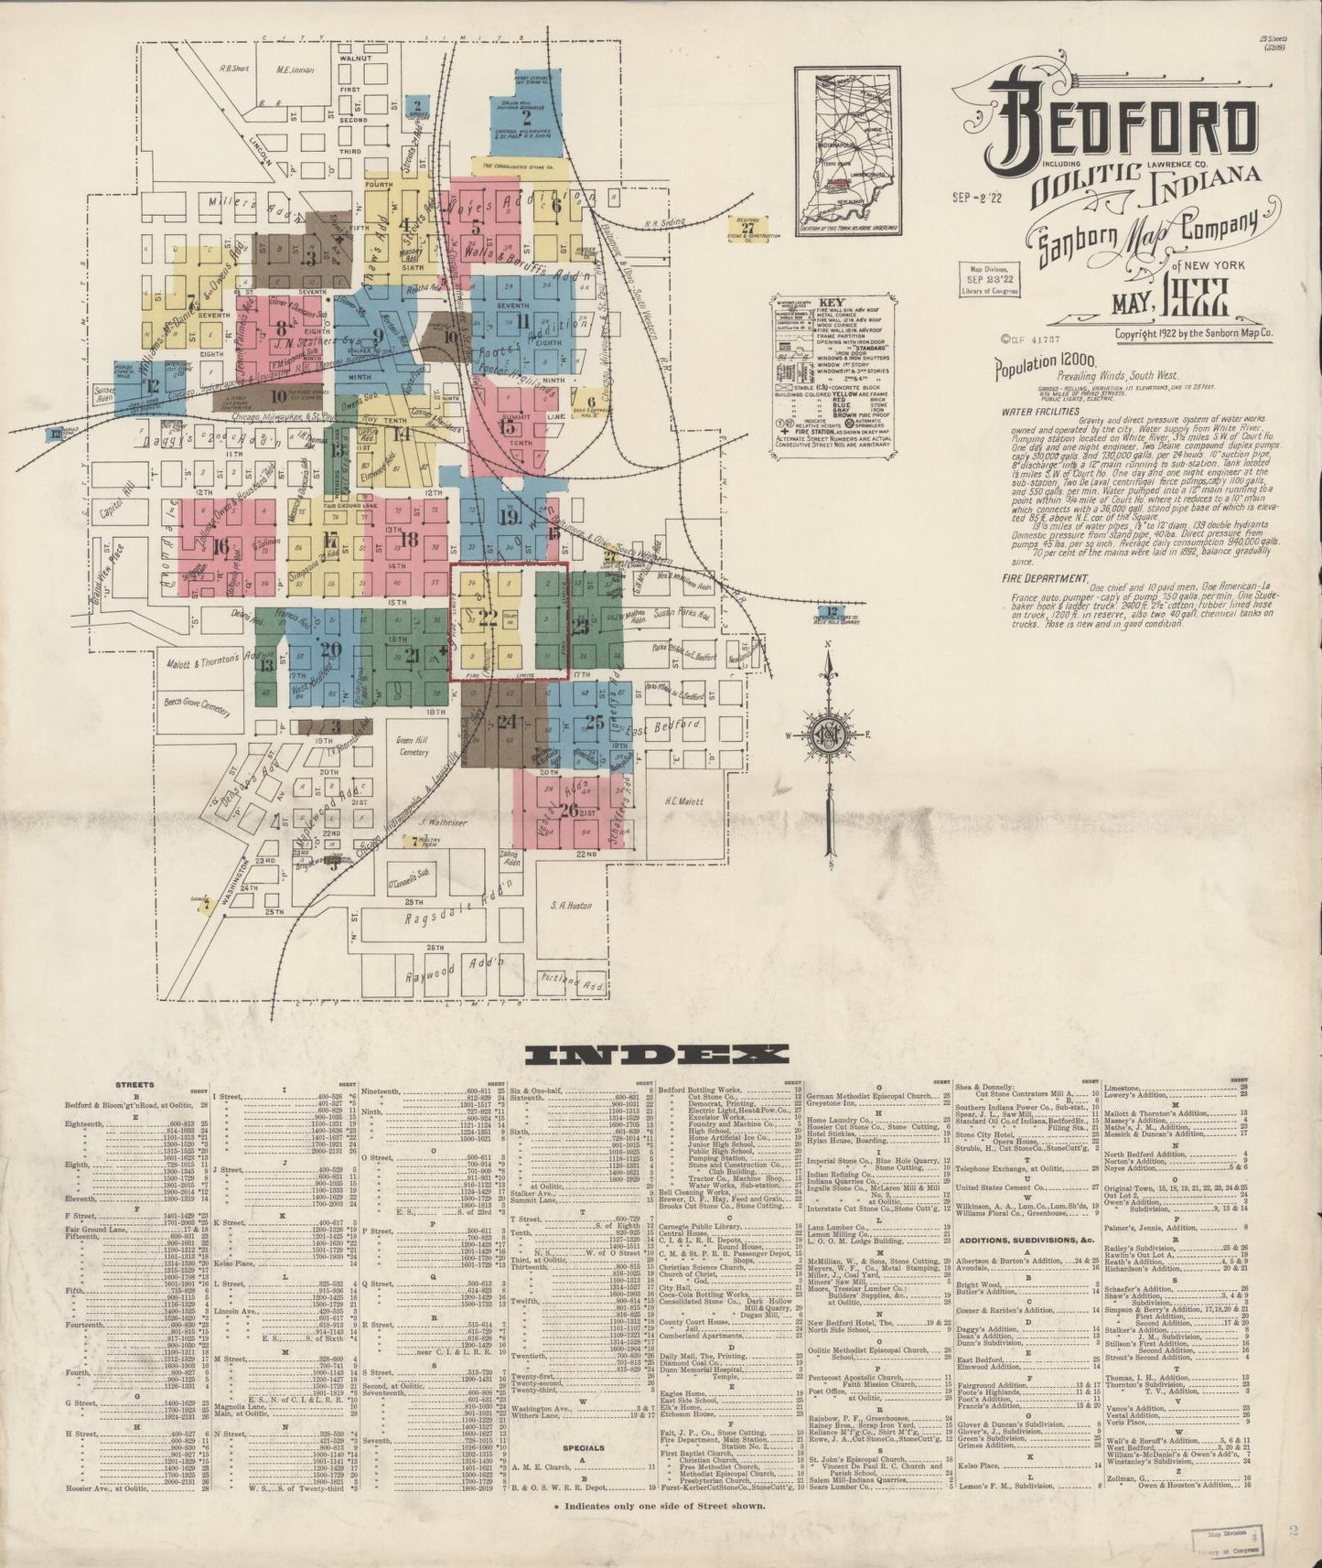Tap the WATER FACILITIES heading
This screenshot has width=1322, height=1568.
click(x=1041, y=412)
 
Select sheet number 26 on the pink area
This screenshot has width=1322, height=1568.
click(x=568, y=810)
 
